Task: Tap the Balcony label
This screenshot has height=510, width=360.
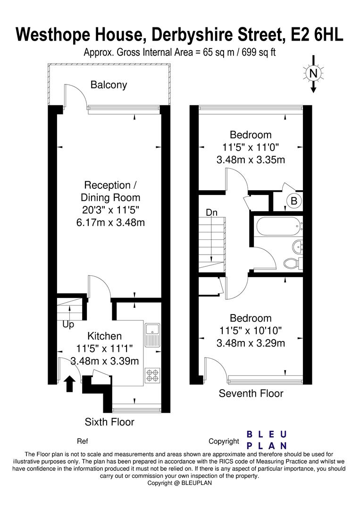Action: pos(109,85)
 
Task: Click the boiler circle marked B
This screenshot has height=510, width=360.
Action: pos(293,201)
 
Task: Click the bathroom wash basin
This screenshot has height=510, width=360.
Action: pos(296,246)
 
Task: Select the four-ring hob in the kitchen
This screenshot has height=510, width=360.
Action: pos(152,375)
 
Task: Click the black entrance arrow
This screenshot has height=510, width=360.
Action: pos(69,383)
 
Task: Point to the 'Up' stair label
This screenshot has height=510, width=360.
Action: pos(68,325)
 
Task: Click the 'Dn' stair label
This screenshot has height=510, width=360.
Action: pos(211,213)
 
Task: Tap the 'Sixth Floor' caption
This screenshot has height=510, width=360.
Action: pos(109,422)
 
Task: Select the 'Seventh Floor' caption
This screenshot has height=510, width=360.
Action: pos(251,393)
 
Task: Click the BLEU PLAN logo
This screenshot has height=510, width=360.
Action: pos(267,440)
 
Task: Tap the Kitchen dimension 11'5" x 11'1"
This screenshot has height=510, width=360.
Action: pos(104,349)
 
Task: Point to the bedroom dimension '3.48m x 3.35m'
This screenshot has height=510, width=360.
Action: pos(251,160)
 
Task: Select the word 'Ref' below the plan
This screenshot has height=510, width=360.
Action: pos(83,442)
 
